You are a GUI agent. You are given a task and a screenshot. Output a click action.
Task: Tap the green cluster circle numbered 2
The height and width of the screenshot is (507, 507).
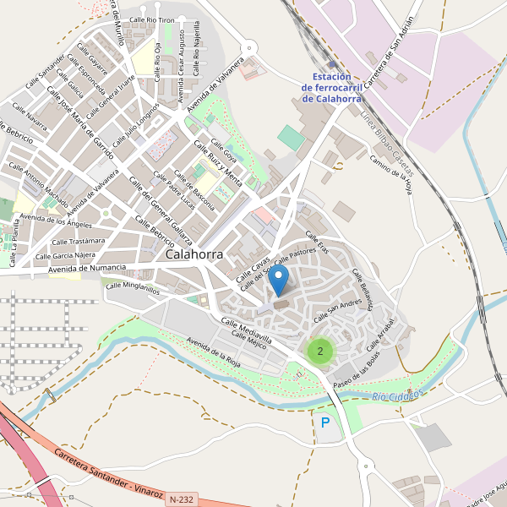[x=319, y=351]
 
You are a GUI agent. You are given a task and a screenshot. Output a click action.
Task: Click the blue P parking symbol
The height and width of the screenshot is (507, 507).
[x=325, y=422]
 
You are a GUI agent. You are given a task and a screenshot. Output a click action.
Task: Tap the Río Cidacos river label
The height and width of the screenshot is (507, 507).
[x=395, y=395]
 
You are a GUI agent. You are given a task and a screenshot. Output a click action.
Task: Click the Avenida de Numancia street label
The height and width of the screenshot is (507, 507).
[x=87, y=269]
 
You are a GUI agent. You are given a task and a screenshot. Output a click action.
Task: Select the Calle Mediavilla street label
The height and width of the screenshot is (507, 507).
[x=246, y=330]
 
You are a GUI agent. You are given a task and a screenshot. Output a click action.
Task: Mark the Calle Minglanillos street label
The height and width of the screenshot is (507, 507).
[x=132, y=287]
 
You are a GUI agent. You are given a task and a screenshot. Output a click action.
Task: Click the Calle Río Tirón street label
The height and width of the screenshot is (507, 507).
[x=152, y=19]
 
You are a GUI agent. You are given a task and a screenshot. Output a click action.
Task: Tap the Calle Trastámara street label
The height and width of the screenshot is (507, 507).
[x=79, y=241]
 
